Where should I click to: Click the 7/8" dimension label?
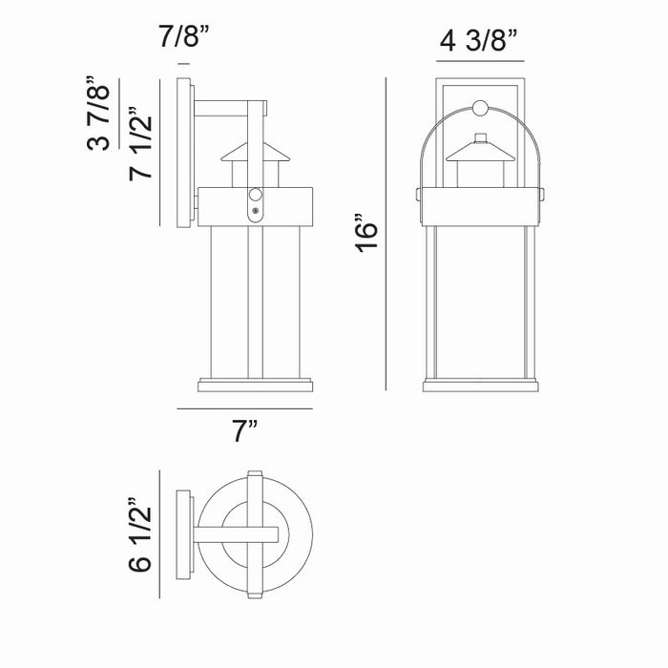(x=184, y=40)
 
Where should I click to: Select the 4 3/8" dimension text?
(x=478, y=41)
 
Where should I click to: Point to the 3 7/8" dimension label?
(x=97, y=113)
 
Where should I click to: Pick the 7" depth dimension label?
(x=246, y=432)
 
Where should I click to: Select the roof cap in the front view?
(x=479, y=150)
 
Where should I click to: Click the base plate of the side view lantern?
(x=254, y=386)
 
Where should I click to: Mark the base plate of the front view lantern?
(x=480, y=386)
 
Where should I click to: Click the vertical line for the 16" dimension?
(x=386, y=234)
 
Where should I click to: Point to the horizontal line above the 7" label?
(x=244, y=408)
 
